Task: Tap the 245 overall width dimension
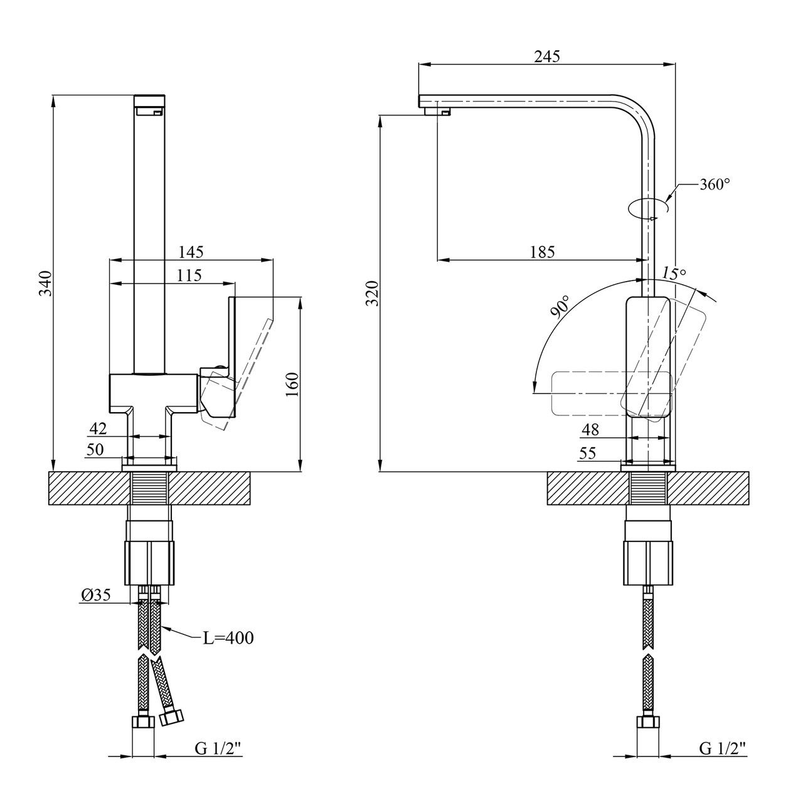tap(546, 56)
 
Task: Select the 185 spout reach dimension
tap(542, 252)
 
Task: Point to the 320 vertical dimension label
tap(372, 293)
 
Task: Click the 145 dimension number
tap(191, 252)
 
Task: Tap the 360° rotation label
tap(715, 184)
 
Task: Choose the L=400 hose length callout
tap(228, 639)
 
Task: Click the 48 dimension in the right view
tap(590, 430)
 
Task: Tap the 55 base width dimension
tap(588, 454)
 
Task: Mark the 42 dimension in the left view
tap(98, 428)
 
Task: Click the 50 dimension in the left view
tap(95, 449)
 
